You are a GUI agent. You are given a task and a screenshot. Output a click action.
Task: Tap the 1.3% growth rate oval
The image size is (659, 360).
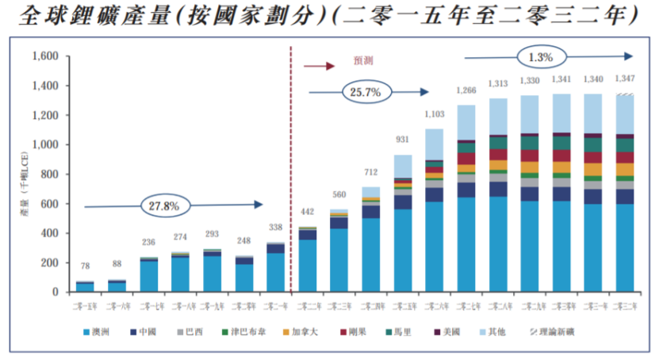tap(542, 56)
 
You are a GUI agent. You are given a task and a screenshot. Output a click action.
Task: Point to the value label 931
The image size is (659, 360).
tap(403, 140)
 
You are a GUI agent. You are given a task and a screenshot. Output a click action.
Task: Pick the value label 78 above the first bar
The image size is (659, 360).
tap(84, 265)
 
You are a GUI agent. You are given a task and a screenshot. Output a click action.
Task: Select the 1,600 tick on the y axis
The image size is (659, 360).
tap(46, 57)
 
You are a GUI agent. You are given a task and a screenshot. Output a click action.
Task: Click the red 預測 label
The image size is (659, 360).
tap(363, 59)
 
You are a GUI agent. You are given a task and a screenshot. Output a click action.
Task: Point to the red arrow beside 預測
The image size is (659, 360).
tap(319, 66)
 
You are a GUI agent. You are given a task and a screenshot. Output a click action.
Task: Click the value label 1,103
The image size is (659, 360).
tap(435, 115)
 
